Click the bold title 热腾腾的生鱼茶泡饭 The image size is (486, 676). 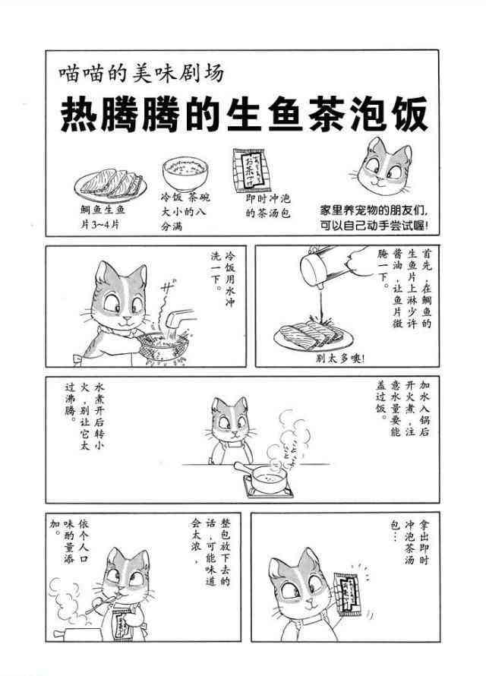pyautogui.click(x=244, y=114)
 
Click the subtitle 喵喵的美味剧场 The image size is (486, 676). pyautogui.click(x=141, y=72)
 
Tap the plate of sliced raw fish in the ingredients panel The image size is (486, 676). pyautogui.click(x=111, y=184)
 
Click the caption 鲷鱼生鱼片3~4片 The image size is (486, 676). pyautogui.click(x=103, y=217)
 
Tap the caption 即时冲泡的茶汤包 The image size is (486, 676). pyautogui.click(x=268, y=206)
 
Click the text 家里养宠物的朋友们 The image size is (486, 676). pyautogui.click(x=373, y=211)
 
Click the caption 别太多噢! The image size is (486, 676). pyautogui.click(x=340, y=358)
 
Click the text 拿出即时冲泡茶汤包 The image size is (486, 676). pyautogui.click(x=410, y=543)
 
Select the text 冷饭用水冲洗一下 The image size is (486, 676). pyautogui.click(x=223, y=278)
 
